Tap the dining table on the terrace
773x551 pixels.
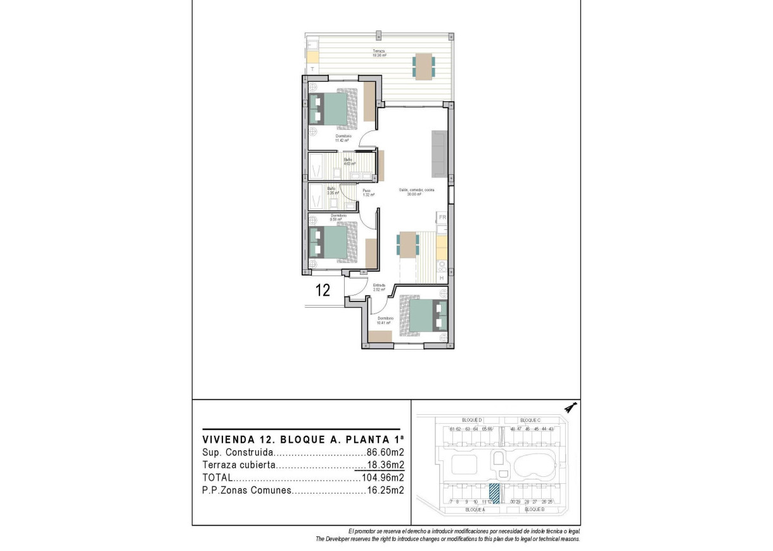point(425,66)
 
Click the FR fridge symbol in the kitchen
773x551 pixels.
point(442,218)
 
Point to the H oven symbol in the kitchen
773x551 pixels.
point(442,277)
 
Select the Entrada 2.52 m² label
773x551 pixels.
point(379,287)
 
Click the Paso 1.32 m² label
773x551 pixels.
point(366,193)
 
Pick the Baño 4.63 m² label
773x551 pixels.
point(349,162)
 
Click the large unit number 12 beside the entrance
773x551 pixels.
point(323,291)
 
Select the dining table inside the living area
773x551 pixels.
point(408,244)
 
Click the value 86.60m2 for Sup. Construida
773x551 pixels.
point(385,453)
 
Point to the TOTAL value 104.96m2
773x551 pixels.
point(382,478)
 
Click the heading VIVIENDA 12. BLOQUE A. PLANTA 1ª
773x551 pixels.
point(303,439)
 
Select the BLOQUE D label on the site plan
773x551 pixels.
point(471,421)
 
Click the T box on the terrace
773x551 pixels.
point(312,68)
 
